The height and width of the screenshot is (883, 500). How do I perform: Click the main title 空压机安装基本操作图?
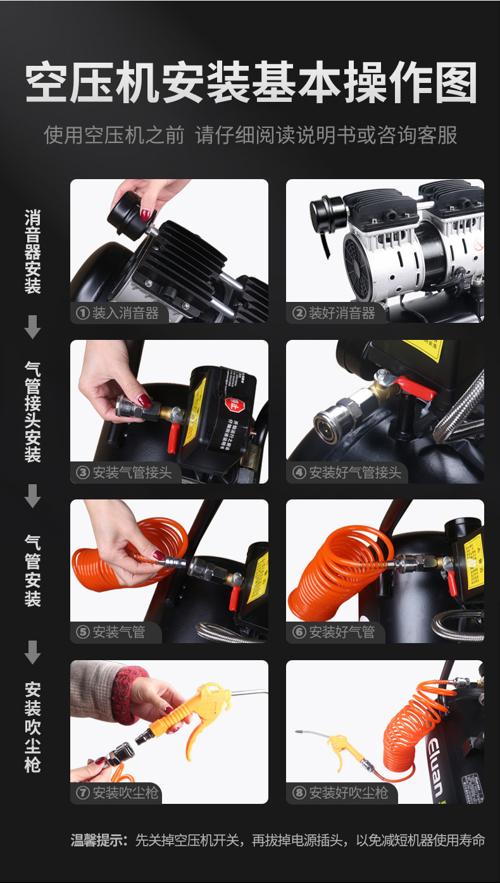click(x=251, y=83)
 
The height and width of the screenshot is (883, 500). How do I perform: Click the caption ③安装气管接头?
click(x=125, y=472)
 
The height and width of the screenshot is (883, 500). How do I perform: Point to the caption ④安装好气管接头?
click(x=347, y=472)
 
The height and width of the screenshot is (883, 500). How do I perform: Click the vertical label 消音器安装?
click(x=32, y=252)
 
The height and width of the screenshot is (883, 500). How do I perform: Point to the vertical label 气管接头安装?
click(x=32, y=411)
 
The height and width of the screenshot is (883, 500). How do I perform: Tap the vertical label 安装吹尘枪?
click(x=32, y=727)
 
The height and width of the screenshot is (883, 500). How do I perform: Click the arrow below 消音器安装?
click(x=32, y=327)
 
